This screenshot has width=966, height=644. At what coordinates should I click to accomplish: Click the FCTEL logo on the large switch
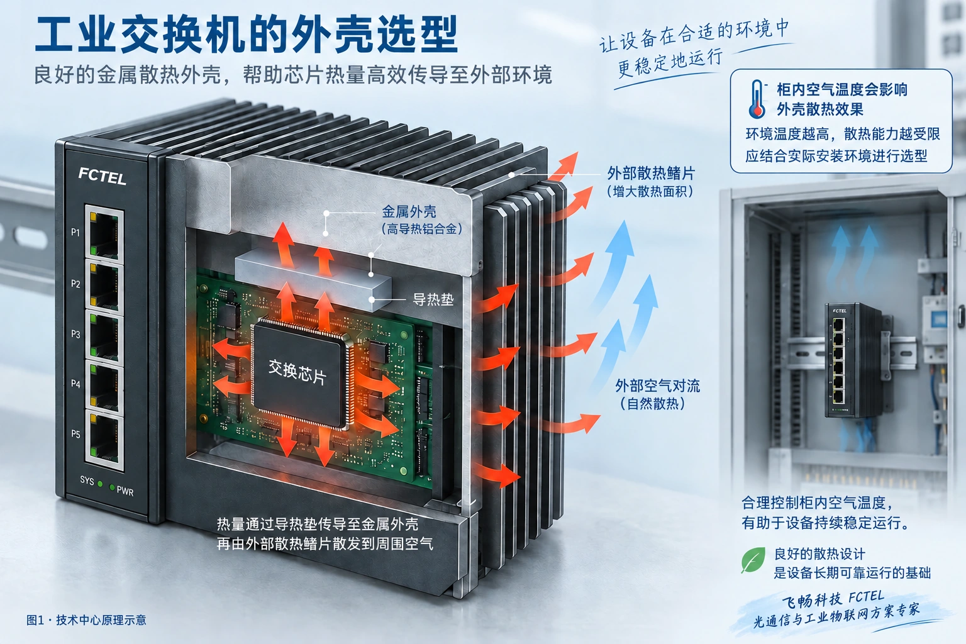(x=103, y=176)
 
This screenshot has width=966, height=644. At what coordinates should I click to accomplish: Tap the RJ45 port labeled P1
(x=104, y=233)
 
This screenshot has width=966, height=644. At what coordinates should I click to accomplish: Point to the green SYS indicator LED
(x=100, y=484)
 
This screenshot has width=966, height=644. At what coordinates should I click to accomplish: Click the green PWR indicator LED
(x=112, y=487)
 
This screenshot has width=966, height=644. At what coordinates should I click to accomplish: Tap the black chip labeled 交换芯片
(x=301, y=373)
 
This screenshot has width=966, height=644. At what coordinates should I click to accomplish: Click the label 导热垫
(x=433, y=299)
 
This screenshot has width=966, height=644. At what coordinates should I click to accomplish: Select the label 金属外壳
(x=409, y=212)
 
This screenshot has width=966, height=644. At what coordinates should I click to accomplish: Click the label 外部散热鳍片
(x=651, y=174)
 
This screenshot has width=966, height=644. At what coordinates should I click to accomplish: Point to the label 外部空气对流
(x=658, y=386)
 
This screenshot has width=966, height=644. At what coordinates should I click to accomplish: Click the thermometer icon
(x=757, y=99)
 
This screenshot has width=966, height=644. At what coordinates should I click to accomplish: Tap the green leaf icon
(x=753, y=560)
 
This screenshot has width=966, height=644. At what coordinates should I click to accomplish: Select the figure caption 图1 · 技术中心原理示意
(x=86, y=620)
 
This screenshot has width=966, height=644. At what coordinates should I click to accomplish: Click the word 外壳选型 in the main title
(x=375, y=35)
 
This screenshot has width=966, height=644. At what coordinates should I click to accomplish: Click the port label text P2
(x=75, y=284)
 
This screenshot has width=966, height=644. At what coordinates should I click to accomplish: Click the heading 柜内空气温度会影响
(x=842, y=90)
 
